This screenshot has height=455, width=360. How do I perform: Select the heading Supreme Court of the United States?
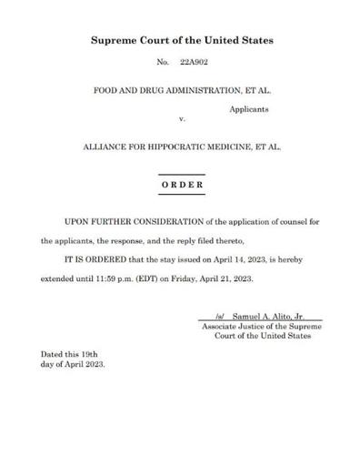181,42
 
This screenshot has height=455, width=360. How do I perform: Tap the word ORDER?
181,184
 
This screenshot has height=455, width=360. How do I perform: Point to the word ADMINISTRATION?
198,91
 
